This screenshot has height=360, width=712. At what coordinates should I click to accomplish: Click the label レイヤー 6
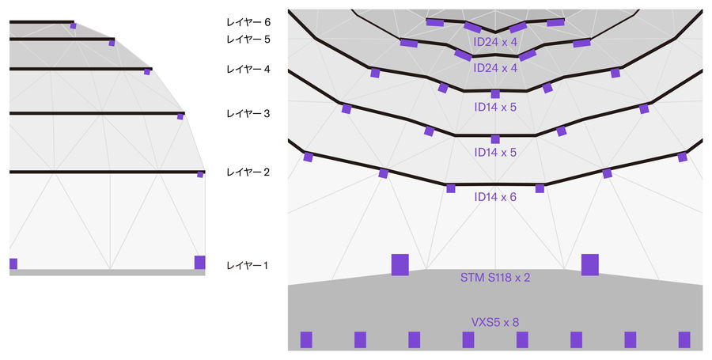248,23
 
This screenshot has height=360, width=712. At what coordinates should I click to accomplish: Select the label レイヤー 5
248,39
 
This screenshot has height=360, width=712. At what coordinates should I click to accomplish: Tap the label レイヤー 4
248,70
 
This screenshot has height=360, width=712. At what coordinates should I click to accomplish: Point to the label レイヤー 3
248,114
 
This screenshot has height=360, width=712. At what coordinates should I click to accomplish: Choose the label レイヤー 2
248,172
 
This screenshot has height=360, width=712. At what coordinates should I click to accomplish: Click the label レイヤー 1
248,266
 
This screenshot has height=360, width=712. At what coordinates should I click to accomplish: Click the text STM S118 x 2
495,278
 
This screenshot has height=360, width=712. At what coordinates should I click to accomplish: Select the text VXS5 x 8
495,322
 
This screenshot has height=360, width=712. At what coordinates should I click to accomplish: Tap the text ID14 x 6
495,196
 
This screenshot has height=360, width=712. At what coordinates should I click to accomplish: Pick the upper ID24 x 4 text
495,42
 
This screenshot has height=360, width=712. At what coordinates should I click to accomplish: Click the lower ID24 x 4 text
495,68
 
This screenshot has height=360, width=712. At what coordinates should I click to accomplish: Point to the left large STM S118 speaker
400,264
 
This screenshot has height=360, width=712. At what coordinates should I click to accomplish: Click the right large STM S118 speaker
590,264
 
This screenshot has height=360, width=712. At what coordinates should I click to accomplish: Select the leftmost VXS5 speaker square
306,339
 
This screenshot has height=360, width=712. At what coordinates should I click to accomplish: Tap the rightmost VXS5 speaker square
684,339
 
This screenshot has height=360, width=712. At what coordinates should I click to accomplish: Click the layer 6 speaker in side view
73,26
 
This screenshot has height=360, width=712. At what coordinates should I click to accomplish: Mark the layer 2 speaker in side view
200,175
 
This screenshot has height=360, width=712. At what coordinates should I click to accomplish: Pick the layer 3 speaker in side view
180,117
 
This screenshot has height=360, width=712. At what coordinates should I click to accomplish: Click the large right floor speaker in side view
199,262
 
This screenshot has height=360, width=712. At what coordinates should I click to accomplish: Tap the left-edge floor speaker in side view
13,263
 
